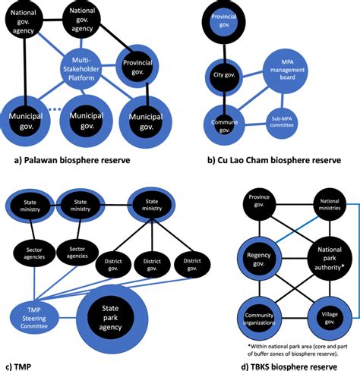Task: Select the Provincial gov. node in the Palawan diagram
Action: coord(137,63)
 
